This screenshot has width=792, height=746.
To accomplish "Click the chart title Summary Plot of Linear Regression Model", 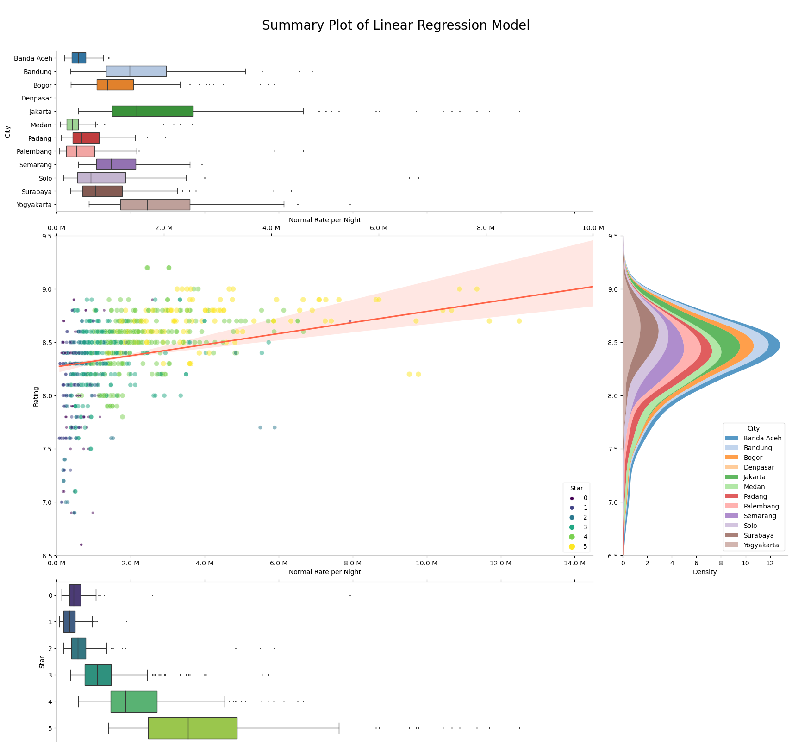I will tap(395, 25).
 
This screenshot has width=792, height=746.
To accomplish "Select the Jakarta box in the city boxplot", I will tap(152, 111).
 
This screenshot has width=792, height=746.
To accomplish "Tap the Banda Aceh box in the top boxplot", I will tap(79, 58).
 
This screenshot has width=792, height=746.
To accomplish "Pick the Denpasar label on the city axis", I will tap(37, 98).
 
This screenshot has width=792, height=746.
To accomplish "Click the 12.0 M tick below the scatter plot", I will tap(500, 563).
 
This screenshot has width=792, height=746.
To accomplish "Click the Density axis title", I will tap(705, 572).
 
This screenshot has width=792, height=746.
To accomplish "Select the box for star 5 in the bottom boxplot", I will tap(193, 728).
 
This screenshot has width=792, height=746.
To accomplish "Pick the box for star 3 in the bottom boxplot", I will tap(98, 675).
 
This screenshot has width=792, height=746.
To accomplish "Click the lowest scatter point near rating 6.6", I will tap(81, 545).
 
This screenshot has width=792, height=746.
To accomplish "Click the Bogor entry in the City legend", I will tap(752, 458).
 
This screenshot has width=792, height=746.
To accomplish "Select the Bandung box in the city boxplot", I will tap(136, 71).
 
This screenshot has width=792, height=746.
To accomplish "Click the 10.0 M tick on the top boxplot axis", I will tap(593, 228).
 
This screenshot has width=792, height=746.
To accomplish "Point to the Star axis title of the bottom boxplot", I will tap(42, 662).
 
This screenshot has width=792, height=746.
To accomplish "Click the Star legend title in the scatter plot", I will tap(576, 488).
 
